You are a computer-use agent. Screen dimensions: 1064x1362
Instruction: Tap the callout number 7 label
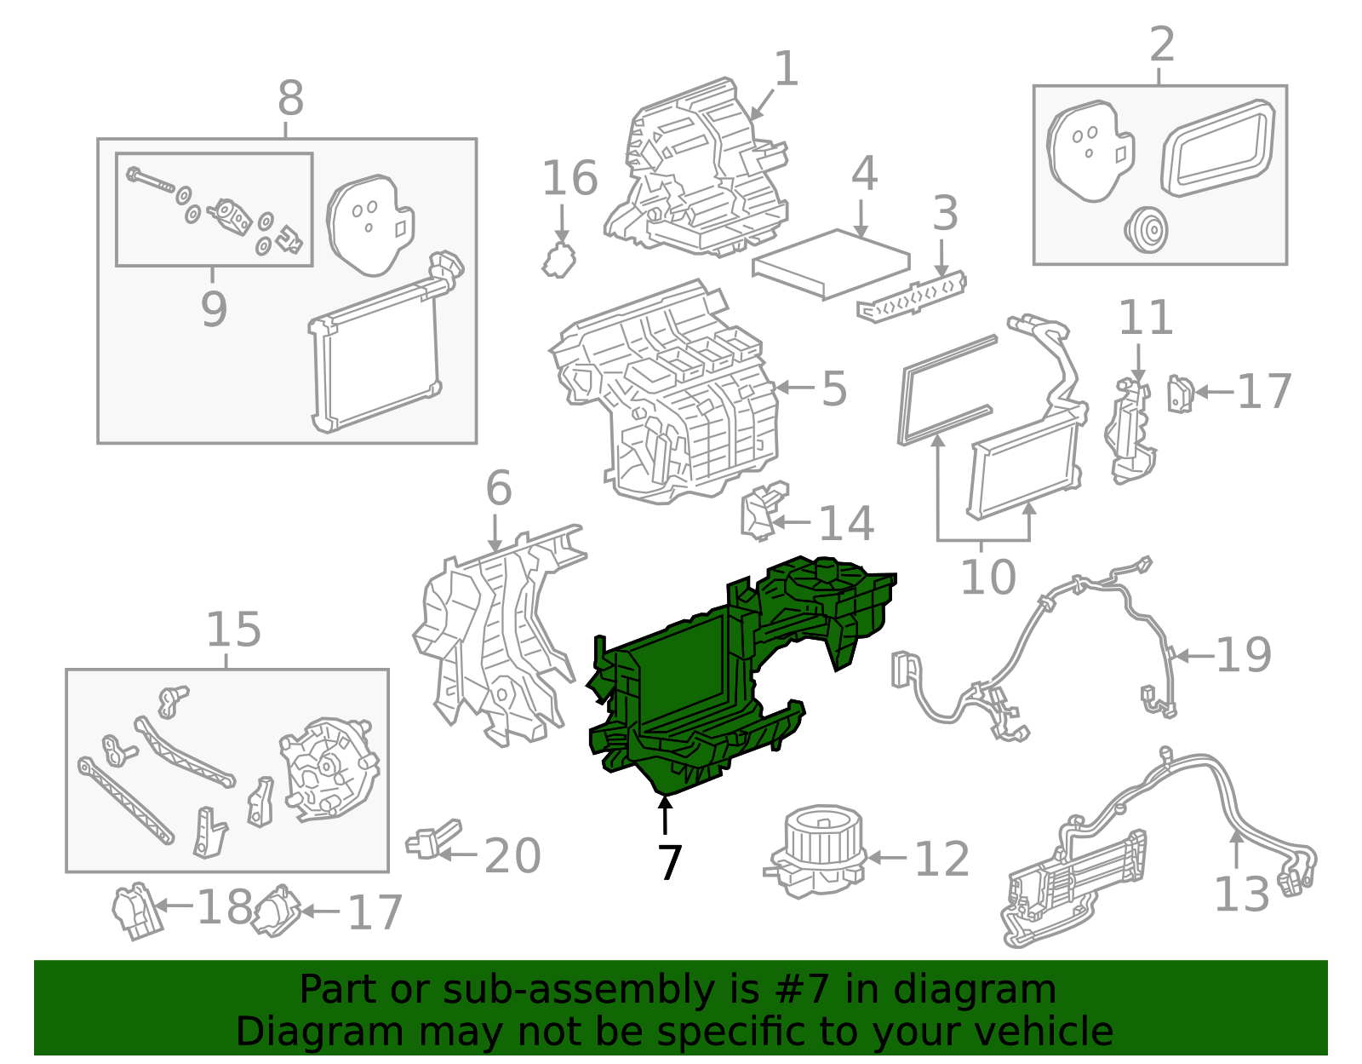pos(670,863)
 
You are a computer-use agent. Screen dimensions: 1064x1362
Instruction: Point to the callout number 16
pos(569,179)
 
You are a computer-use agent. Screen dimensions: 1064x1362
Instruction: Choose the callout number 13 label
pos(1241,894)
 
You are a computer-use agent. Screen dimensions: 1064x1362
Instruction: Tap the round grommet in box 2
pos(1145,229)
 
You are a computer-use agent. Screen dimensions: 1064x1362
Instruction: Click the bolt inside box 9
pos(150,180)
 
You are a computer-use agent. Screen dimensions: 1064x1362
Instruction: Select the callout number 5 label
pos(834,388)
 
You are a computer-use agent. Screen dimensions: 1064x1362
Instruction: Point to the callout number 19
pos(1244,655)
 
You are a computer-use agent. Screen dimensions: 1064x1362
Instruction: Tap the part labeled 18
pos(134,911)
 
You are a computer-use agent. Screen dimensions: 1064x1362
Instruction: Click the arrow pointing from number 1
pos(763,105)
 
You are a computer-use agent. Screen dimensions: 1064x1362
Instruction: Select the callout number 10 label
pos(987,578)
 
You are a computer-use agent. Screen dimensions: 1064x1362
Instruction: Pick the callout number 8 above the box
pos(290,99)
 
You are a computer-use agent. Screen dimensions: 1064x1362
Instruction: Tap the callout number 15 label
pos(233,630)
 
